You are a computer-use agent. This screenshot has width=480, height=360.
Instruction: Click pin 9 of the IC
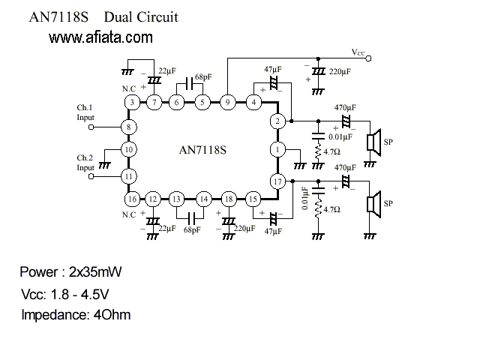tap(227, 102)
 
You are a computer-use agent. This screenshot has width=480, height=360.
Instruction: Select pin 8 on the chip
tap(128, 127)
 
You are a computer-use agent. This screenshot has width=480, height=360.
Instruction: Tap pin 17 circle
tap(277, 181)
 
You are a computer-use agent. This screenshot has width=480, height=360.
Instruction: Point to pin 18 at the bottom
tap(229, 199)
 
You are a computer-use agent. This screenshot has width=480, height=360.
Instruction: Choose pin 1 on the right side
tap(277, 150)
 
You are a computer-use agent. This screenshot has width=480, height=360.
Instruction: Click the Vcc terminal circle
tap(368, 58)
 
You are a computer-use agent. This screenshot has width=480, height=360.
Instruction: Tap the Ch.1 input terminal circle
tap(91, 127)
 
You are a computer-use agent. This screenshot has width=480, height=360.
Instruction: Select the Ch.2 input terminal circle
tap(91, 176)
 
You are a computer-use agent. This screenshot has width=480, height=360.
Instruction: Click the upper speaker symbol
tap(374, 142)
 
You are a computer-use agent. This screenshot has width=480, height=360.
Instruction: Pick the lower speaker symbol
tap(374, 204)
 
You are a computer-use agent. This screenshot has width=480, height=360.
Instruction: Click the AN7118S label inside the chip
tap(202, 150)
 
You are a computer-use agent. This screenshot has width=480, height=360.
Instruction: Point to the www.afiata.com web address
tap(100, 37)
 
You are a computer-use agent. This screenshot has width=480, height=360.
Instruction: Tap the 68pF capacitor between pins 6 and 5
tap(190, 83)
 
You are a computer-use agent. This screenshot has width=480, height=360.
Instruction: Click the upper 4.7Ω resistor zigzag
tap(318, 151)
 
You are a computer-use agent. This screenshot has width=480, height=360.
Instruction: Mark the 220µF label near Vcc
tap(340, 72)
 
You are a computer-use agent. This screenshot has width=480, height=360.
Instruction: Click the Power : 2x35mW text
tap(70, 271)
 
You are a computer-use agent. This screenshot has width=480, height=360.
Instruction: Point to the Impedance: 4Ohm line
tap(76, 315)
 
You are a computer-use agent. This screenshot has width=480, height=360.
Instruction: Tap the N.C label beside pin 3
tap(129, 88)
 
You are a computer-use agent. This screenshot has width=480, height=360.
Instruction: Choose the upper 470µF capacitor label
tap(345, 108)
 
